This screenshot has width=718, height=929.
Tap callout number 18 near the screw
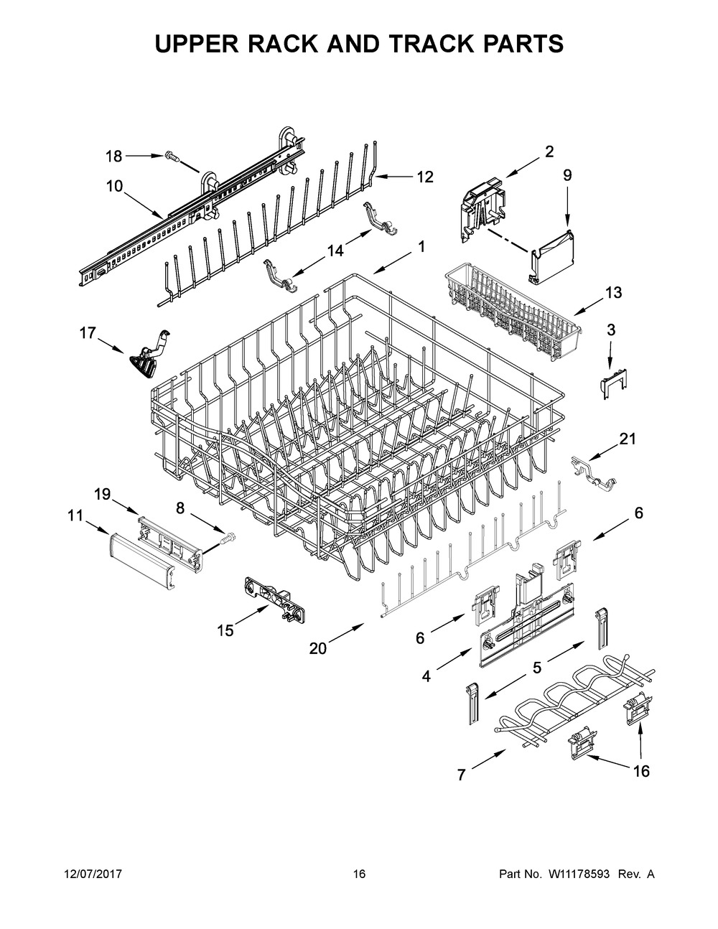point(114,155)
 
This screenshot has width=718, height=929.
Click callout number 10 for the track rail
point(114,186)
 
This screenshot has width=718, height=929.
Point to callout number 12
point(425,177)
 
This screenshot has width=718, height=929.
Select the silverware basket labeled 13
point(510,309)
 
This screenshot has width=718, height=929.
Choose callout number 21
point(628,439)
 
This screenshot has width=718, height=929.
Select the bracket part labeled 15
point(276,595)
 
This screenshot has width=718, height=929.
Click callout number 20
point(317,648)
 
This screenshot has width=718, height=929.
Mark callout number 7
point(461,774)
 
